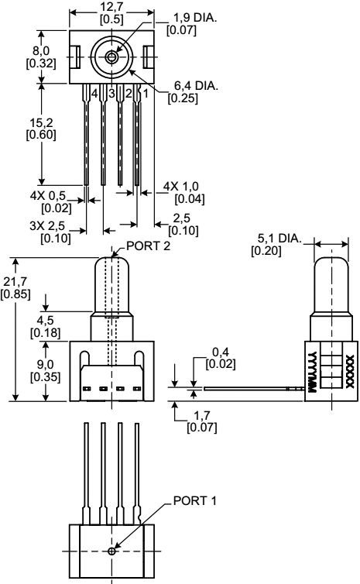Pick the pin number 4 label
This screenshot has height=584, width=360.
click(x=94, y=93)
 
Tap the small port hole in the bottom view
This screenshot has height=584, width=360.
click(x=113, y=551)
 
